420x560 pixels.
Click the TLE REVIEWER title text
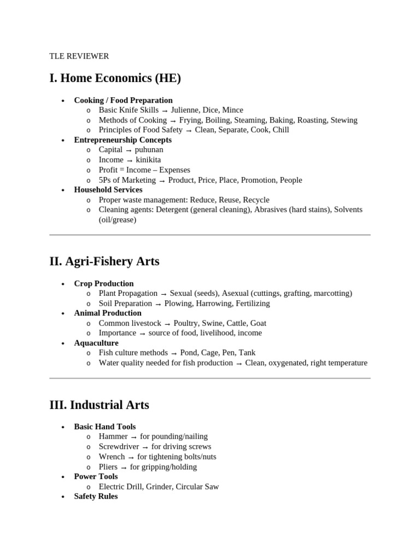pos(79,56)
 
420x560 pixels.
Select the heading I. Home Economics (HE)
pos(115,79)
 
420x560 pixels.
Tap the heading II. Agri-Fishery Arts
pos(104,261)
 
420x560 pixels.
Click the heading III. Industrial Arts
pos(99,405)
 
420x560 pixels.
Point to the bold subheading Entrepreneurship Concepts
pos(122,140)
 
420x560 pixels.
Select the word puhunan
pos(149,150)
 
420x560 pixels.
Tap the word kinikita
pos(148,160)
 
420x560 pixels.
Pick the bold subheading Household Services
pos(108,190)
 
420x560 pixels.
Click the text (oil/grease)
pos(118,220)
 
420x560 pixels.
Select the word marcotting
pos(331,294)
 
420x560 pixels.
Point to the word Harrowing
pos(214,304)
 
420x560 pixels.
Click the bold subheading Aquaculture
pos(96,343)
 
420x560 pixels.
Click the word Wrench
pos(112,457)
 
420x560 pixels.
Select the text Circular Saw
pos(197,487)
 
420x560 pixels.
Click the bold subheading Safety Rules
pos(96,497)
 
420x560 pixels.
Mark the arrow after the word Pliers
pos(124,468)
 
